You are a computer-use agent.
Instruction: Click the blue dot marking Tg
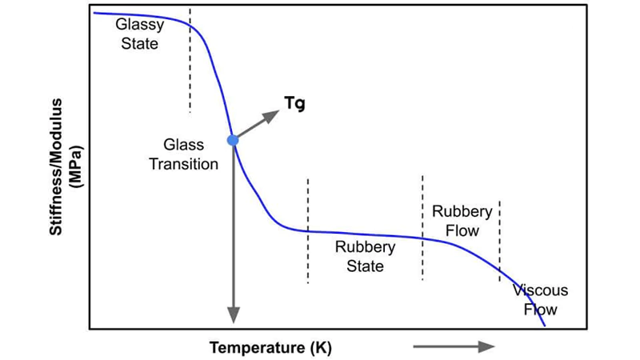pos(233,140)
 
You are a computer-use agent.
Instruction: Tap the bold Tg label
pos(294,103)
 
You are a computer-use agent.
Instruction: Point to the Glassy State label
pos(139,34)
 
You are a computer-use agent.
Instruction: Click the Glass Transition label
pos(184,154)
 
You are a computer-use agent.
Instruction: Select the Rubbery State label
pos(365,256)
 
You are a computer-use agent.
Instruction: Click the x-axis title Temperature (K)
pos(270,348)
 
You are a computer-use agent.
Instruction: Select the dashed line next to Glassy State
pos(190,60)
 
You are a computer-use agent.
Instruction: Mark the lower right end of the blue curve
pos(545,325)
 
